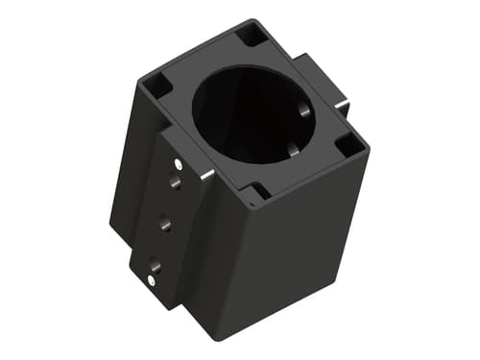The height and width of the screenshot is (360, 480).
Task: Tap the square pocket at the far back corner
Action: pos(252,36)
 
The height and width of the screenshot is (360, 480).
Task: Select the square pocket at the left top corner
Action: pos(159,85)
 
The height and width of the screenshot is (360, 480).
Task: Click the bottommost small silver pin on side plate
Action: pos(154,280)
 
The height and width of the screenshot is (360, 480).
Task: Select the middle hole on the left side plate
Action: pos(165,223)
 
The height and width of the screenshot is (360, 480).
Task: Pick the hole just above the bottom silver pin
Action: pos(151,259)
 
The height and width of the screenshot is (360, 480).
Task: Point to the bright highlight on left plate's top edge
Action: pos(205,175)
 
